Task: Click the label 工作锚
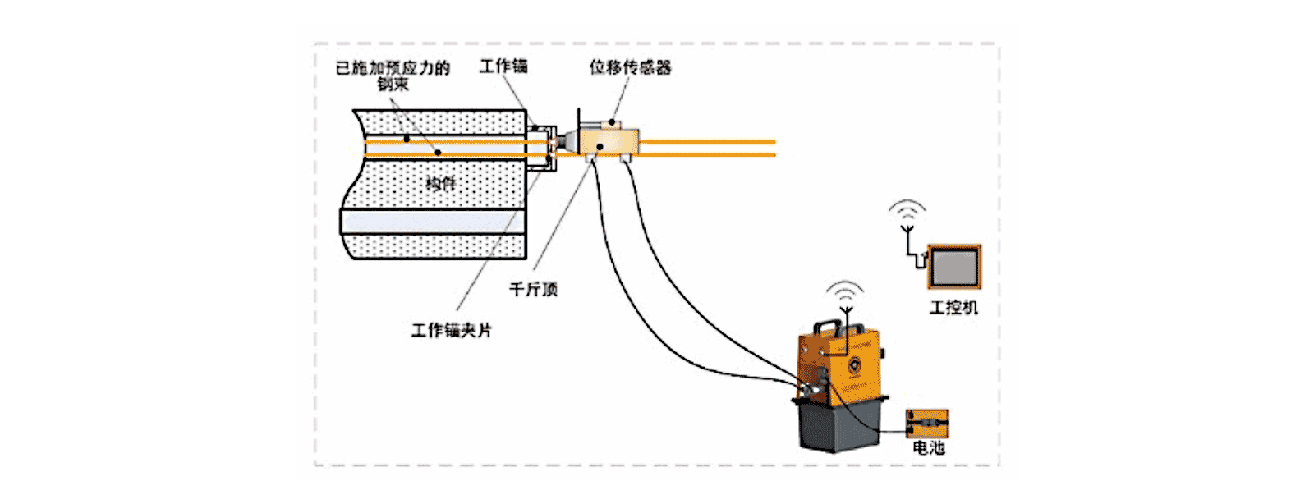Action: (503, 66)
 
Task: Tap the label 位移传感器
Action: (630, 67)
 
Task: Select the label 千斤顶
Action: (533, 289)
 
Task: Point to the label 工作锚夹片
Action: (451, 330)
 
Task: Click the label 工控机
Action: (953, 308)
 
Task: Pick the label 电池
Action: (929, 447)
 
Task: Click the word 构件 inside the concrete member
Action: (440, 183)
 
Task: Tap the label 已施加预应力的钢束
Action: (393, 75)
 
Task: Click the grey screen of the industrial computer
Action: (953, 267)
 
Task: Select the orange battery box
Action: (927, 424)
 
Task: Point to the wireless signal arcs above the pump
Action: (845, 292)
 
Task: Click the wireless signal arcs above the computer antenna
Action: (907, 209)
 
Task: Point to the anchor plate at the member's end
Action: (541, 148)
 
